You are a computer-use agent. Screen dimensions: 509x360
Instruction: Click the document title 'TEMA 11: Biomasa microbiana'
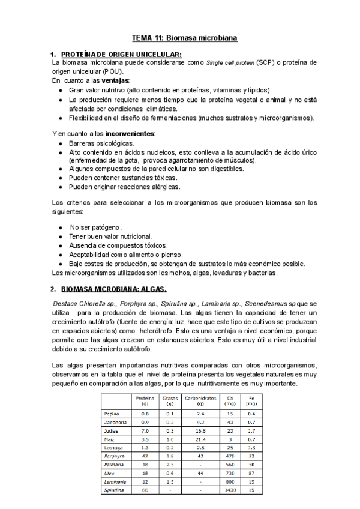pyautogui.click(x=185, y=38)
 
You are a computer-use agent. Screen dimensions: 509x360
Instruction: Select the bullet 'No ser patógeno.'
pyautogui.click(x=96, y=227)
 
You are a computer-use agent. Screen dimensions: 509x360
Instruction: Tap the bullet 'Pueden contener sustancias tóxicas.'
pyautogui.click(x=123, y=178)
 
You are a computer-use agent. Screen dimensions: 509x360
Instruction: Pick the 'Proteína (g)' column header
pyautogui.click(x=145, y=401)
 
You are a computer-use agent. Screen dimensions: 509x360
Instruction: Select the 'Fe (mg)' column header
pyautogui.click(x=251, y=401)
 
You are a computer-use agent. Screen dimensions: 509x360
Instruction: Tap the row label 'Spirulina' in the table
pyautogui.click(x=115, y=490)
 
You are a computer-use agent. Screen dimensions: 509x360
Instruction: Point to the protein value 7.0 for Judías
pyautogui.click(x=145, y=431)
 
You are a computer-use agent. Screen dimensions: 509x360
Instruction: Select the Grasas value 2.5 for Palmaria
pyautogui.click(x=170, y=465)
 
